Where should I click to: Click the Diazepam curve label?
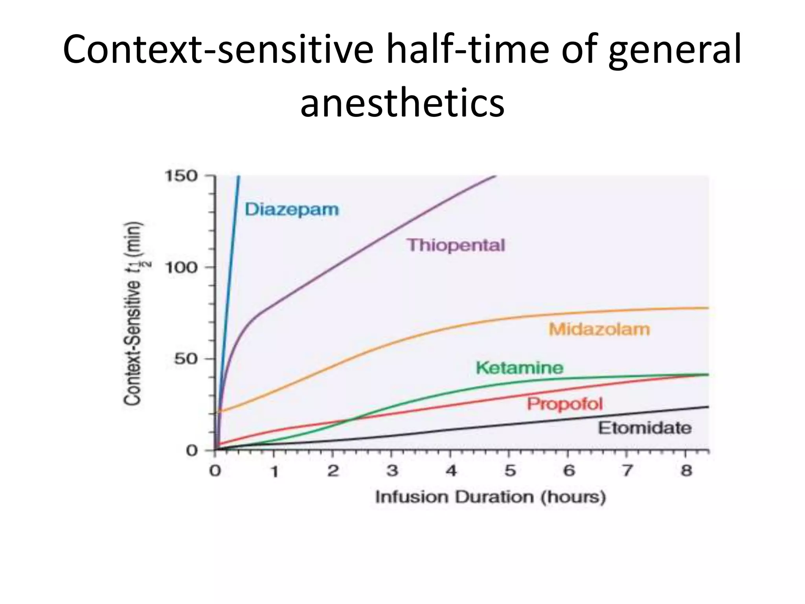(x=291, y=209)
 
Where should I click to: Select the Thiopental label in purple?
(x=456, y=245)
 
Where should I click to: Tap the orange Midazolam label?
(x=599, y=329)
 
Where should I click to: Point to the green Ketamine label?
(x=519, y=368)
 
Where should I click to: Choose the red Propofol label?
(x=564, y=404)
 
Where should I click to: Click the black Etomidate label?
(x=645, y=428)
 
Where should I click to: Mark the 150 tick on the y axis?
(x=181, y=176)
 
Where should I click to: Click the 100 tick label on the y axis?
(x=181, y=267)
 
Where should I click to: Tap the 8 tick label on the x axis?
(x=686, y=470)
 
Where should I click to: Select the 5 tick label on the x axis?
(x=509, y=470)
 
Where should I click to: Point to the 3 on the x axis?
(x=392, y=470)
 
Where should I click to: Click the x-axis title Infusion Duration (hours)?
(x=490, y=497)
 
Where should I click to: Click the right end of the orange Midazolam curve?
(x=708, y=308)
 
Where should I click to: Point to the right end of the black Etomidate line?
(x=708, y=407)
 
